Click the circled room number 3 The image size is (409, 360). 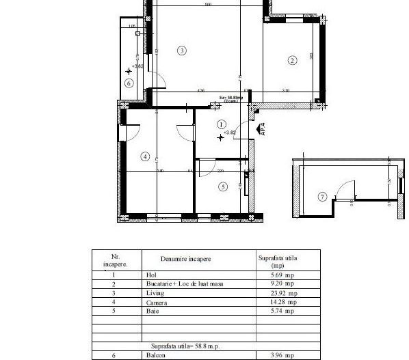(181, 50)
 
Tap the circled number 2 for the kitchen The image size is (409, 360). (292, 60)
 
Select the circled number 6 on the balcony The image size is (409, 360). (129, 83)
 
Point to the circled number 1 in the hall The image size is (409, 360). (220, 124)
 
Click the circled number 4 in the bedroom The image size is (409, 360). (144, 156)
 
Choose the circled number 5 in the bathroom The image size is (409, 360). (222, 186)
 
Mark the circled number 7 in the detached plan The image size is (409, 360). (323, 197)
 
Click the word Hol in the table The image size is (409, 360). (151, 275)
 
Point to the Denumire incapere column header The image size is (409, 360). (185, 259)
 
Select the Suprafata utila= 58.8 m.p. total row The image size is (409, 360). (186, 346)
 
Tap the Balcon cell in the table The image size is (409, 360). (155, 355)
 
